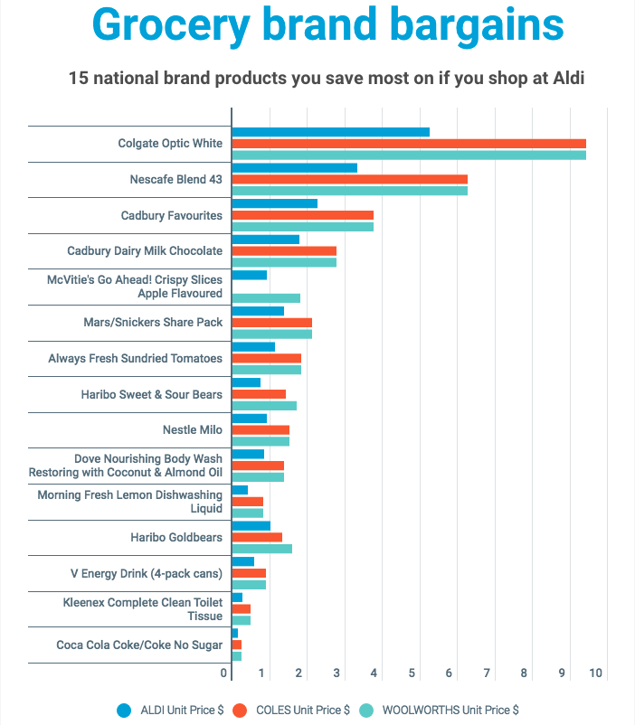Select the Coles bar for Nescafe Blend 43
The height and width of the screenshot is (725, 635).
(x=349, y=179)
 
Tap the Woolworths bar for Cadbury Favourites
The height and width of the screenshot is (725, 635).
(x=302, y=227)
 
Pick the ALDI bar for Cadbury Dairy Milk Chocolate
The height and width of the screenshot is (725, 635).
(x=265, y=240)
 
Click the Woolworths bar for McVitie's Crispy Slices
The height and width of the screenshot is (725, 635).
(x=266, y=298)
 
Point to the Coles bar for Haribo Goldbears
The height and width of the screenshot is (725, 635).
(x=257, y=537)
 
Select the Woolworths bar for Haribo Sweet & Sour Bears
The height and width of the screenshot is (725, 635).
(x=264, y=406)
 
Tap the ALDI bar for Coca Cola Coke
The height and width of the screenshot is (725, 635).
(x=235, y=633)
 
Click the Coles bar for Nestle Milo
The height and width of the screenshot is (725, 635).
(x=261, y=429)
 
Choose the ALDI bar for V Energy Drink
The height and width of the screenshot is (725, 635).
(x=243, y=561)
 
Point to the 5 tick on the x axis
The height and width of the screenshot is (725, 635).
(x=412, y=673)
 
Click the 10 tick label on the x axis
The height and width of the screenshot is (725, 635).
(x=596, y=673)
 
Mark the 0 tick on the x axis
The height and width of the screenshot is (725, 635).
(x=224, y=673)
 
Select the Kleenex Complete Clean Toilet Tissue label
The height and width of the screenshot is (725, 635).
(x=142, y=608)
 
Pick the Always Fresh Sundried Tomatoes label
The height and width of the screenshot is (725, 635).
(x=135, y=358)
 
